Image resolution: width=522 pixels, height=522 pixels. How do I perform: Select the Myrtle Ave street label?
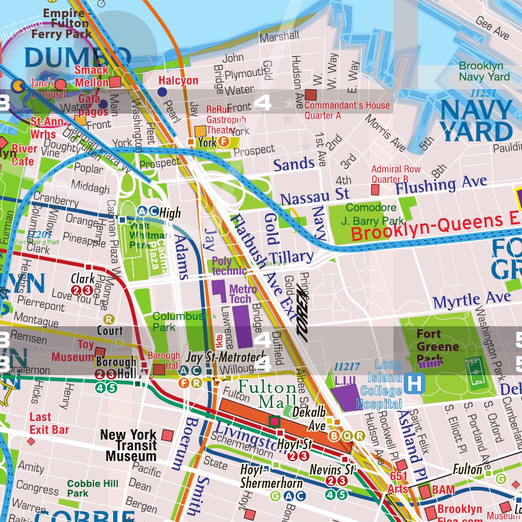(x=472, y=300)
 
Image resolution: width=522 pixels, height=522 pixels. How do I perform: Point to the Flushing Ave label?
(x=441, y=185)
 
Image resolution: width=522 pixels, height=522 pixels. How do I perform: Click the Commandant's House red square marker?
(x=311, y=95)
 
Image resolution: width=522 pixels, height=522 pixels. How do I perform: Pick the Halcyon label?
(x=178, y=81)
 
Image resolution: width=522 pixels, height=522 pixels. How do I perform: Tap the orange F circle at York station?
(x=222, y=143)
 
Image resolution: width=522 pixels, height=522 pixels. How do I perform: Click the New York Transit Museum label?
(x=128, y=446)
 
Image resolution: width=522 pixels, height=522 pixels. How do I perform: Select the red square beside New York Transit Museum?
(x=167, y=435)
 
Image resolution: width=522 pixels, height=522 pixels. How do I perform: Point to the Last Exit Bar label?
(x=48, y=424)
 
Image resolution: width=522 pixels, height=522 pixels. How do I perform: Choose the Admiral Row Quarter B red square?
(x=375, y=190)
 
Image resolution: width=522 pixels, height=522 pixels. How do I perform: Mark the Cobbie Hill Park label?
(x=92, y=488)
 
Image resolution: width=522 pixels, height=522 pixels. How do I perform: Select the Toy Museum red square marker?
(x=100, y=353)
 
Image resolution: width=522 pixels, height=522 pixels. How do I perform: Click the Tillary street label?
(x=291, y=257)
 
